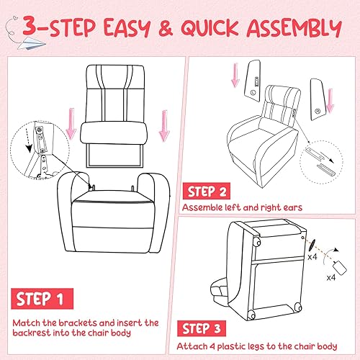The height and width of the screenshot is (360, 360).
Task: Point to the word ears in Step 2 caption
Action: tap(294, 208)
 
